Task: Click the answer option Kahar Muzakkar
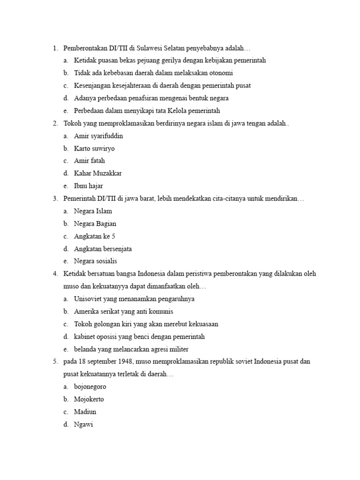[97, 173]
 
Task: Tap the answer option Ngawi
[84, 425]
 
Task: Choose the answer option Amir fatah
[89, 161]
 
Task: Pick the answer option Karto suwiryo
[94, 149]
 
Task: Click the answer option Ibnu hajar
[89, 186]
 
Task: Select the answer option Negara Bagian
[95, 224]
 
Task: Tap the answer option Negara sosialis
[95, 261]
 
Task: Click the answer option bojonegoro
[90, 387]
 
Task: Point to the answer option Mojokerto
[89, 399]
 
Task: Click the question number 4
[55, 274]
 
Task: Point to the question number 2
[55, 123]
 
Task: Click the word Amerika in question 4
[86, 311]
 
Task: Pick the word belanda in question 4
[85, 349]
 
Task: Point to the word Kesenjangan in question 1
[93, 85]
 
